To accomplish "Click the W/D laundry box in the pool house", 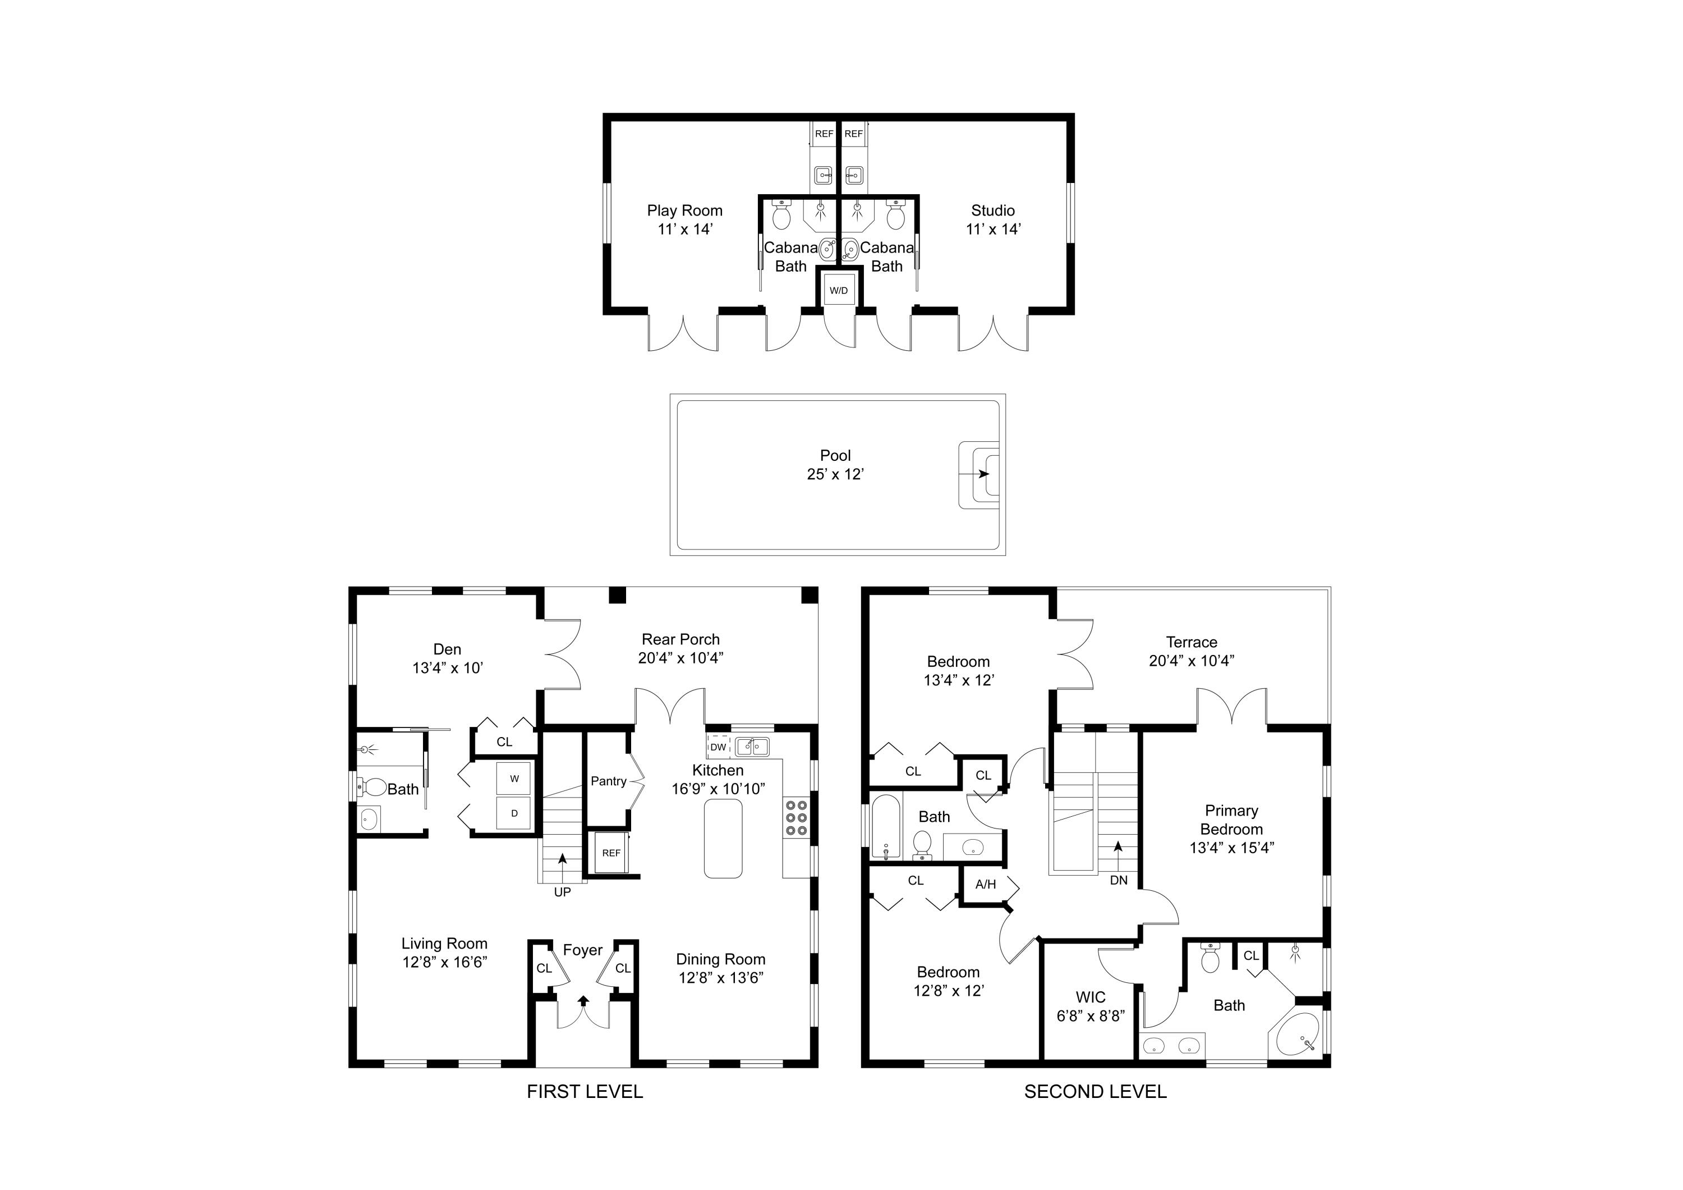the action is tap(839, 290).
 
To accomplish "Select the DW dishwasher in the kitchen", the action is tap(718, 747).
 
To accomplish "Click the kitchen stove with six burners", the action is tap(796, 817).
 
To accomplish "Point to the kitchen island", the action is tap(723, 839).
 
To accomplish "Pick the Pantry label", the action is tap(608, 781).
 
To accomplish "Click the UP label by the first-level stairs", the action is tap(562, 893).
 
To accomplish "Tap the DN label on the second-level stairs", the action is tap(1119, 880).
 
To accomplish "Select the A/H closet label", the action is tap(986, 884).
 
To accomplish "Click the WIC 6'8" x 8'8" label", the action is tap(1090, 1006).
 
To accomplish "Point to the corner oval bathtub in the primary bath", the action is tap(1298, 1035).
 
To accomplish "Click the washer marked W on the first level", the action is tap(514, 779).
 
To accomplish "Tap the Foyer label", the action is tap(583, 950).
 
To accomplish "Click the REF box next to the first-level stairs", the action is tap(611, 853).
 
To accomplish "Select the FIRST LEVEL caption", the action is tap(585, 1092).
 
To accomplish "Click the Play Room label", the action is tap(684, 210).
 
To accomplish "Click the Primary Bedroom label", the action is tap(1231, 820).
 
